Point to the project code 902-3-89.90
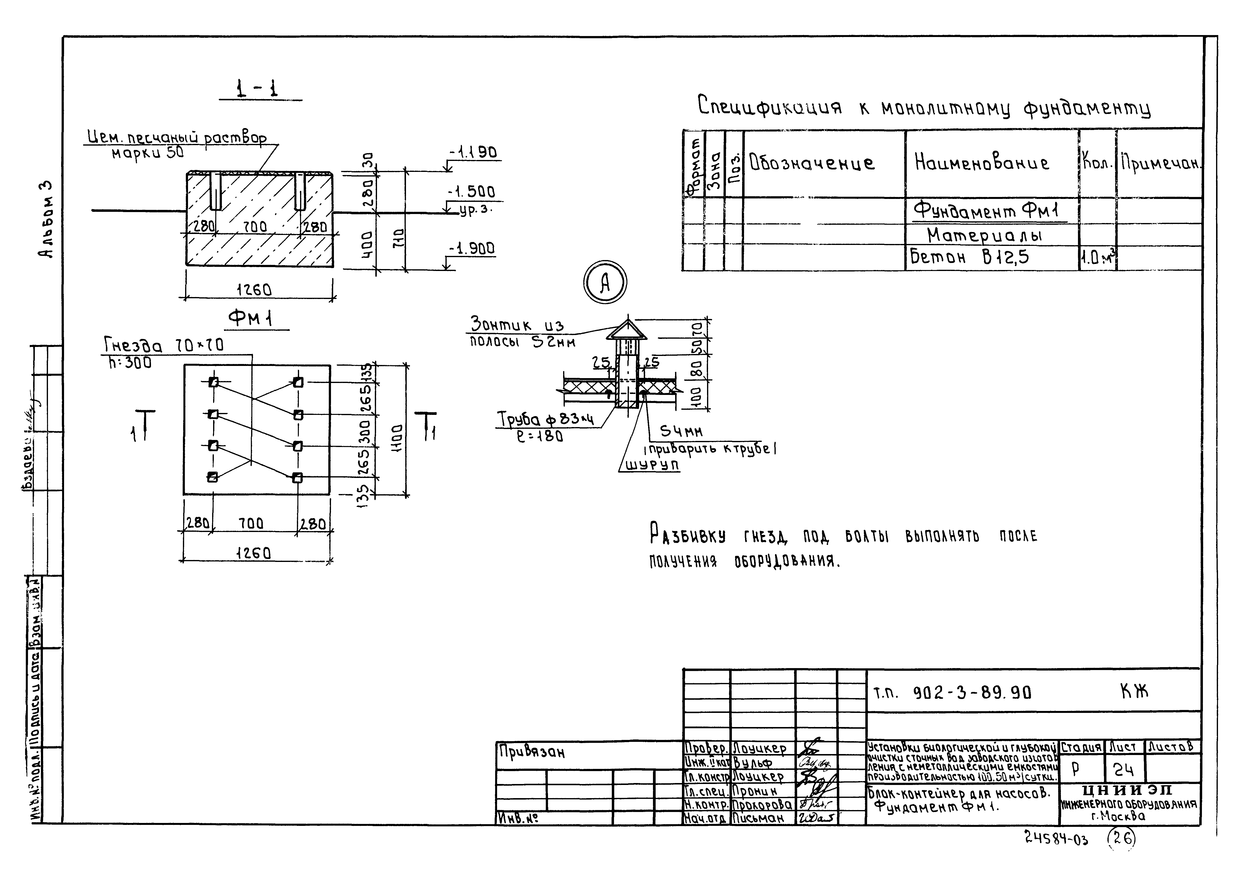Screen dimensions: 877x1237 [x=972, y=693]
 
